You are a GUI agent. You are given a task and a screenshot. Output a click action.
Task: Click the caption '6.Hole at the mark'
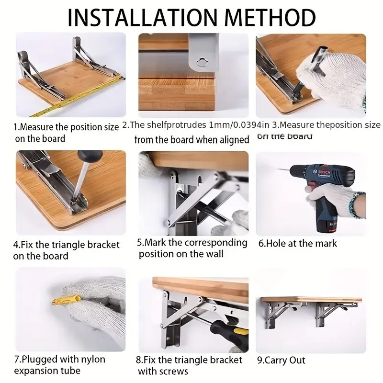click(x=297, y=243)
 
